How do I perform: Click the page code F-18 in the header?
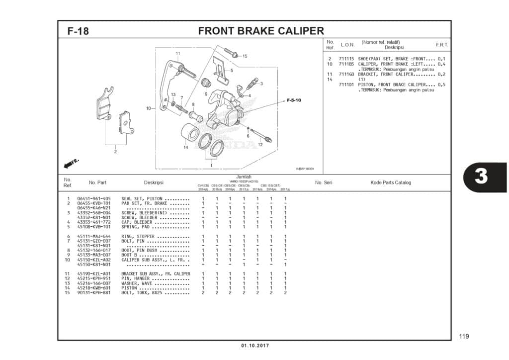(78, 31)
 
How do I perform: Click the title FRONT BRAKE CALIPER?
(260, 31)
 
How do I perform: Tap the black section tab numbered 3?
(481, 178)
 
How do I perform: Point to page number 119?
(463, 337)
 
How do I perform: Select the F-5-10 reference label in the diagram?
(294, 100)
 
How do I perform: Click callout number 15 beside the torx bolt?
(245, 56)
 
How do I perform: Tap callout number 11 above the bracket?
(177, 53)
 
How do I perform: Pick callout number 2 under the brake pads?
(115, 152)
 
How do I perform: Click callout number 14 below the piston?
(185, 147)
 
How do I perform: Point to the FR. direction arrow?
(71, 164)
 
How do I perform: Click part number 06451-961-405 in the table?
(94, 199)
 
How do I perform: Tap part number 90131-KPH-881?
(94, 292)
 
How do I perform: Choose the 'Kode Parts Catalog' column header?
(391, 182)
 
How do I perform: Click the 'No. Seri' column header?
(324, 182)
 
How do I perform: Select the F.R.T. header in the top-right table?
(441, 45)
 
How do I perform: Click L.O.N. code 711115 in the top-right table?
(346, 59)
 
